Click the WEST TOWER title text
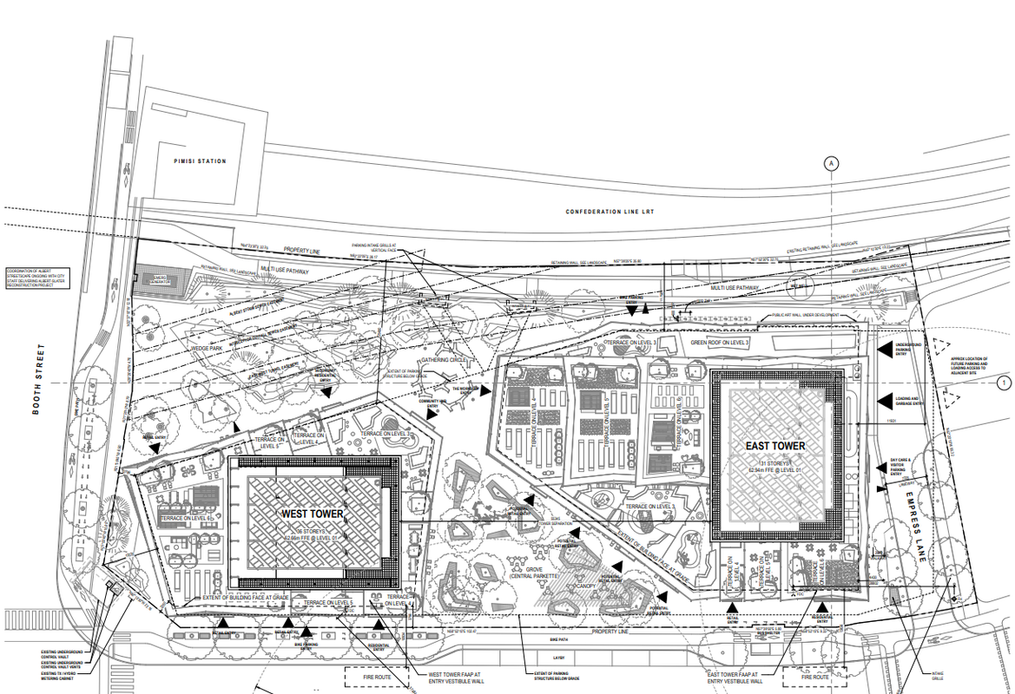pos(312,514)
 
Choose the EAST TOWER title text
pos(775,446)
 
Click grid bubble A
pos(831,163)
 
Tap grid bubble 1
pos(1005,383)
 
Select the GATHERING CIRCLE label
pos(444,359)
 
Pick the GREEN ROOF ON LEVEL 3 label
pos(720,343)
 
